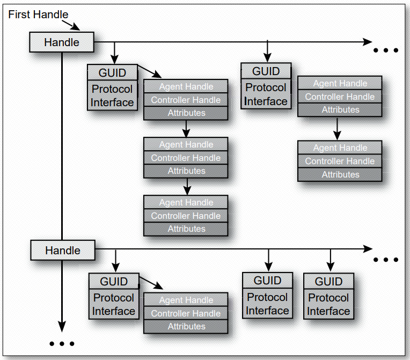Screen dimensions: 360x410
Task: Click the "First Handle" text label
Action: tap(38, 14)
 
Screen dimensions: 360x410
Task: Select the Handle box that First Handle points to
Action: tap(61, 42)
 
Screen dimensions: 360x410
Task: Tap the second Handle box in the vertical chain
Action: tap(62, 251)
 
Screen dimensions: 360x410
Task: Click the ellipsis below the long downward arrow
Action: tap(62, 343)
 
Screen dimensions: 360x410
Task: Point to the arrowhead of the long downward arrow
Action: tap(62, 327)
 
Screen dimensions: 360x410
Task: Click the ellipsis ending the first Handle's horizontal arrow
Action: tap(386, 50)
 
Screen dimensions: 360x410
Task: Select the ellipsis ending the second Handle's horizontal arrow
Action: tap(386, 260)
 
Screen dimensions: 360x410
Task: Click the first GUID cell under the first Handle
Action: tap(112, 73)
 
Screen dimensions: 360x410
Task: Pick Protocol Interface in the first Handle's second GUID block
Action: tap(266, 94)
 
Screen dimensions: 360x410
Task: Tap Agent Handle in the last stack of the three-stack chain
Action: tap(186, 203)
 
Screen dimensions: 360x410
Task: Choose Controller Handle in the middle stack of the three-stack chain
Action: tap(186, 158)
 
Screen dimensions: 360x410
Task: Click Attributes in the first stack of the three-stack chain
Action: tap(186, 113)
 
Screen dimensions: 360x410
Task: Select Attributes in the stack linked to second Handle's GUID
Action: tap(186, 326)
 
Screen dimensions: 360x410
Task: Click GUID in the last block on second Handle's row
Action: tap(328, 282)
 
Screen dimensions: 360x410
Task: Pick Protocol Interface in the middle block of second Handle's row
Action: tap(267, 304)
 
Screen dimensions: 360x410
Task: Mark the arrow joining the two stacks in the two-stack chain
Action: tap(338, 128)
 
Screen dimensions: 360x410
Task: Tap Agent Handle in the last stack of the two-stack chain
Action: tap(340, 148)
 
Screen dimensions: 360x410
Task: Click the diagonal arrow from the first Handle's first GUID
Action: tap(149, 72)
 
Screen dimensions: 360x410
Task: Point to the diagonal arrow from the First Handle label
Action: tap(71, 25)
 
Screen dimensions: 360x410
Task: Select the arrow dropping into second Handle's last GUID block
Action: tap(330, 261)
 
